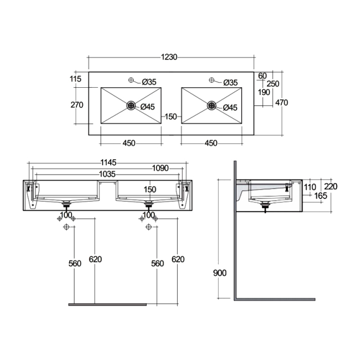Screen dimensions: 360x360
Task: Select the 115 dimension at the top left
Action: [76, 80]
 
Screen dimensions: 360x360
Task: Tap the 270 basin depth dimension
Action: [76, 105]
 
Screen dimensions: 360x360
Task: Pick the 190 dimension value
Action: [264, 92]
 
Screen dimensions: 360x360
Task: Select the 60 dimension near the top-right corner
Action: [262, 75]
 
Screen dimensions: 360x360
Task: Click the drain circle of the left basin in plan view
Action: [131, 105]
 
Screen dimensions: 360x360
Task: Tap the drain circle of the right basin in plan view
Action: [212, 105]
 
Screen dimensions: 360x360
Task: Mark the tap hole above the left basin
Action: [131, 81]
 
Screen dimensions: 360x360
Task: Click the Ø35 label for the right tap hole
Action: [230, 82]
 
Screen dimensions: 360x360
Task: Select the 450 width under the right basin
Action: [211, 143]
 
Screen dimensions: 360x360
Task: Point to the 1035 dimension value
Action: [107, 175]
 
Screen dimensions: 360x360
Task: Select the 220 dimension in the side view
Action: [331, 187]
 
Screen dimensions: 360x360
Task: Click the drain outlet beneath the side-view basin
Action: [266, 206]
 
